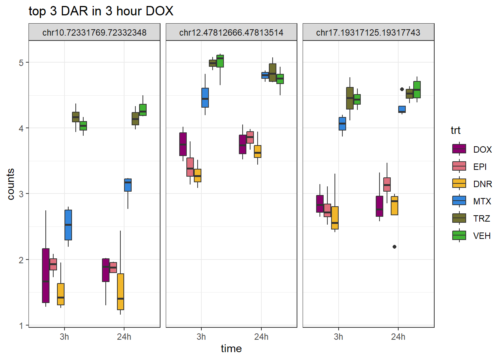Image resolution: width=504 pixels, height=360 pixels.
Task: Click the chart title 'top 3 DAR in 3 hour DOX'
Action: (x=101, y=11)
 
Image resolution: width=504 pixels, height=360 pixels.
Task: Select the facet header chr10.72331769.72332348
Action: (x=94, y=33)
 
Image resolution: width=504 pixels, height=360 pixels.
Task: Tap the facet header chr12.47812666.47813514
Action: (x=231, y=33)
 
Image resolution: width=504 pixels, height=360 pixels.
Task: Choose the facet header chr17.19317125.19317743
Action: (x=368, y=33)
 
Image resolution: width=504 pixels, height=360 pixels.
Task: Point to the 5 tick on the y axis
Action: (x=21, y=63)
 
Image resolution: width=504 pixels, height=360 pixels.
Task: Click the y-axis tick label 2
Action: (x=21, y=260)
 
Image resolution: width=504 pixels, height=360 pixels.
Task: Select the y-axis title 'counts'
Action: (x=11, y=184)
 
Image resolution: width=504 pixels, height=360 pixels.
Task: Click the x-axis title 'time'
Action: (x=231, y=349)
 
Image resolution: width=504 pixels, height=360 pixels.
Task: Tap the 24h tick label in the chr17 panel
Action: (x=398, y=337)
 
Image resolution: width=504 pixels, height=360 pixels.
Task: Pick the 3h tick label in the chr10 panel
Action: (x=64, y=337)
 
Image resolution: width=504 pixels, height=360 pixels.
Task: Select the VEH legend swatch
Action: (x=459, y=235)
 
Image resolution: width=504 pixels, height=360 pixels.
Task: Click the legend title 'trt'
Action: (x=455, y=130)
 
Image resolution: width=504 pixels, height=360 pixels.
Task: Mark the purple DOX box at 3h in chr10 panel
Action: (x=46, y=275)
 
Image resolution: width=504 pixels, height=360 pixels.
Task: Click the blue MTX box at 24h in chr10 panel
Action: (x=128, y=185)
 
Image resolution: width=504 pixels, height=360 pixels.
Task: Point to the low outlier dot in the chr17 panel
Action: (x=394, y=247)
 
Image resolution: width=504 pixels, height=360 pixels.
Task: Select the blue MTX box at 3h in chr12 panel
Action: (x=205, y=97)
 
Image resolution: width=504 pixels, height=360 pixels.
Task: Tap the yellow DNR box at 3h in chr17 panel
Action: (x=335, y=217)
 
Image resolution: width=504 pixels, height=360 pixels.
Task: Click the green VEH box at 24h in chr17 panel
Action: (x=417, y=89)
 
